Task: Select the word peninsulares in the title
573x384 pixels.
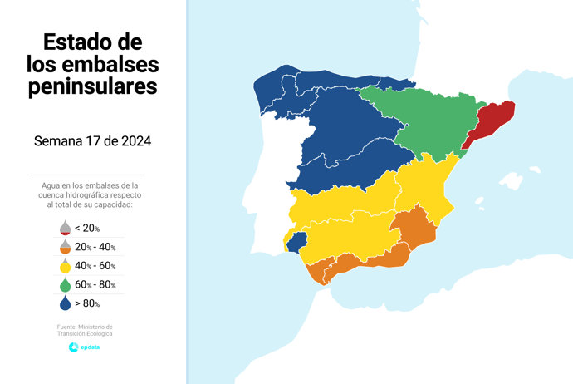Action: (x=92, y=86)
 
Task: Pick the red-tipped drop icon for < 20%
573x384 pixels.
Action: (x=64, y=227)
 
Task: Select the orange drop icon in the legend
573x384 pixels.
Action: (x=64, y=246)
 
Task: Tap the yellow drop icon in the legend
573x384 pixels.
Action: (x=64, y=265)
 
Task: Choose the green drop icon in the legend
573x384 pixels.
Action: (x=64, y=284)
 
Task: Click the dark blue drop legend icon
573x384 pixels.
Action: (x=64, y=303)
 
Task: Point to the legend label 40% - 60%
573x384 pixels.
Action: (x=95, y=266)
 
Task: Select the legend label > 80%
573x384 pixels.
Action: (x=87, y=304)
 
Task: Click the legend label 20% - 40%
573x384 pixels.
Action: (x=95, y=247)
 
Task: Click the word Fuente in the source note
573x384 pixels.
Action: (x=68, y=327)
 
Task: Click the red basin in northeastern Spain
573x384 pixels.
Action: (x=492, y=122)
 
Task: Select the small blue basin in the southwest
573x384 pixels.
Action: (x=297, y=240)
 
